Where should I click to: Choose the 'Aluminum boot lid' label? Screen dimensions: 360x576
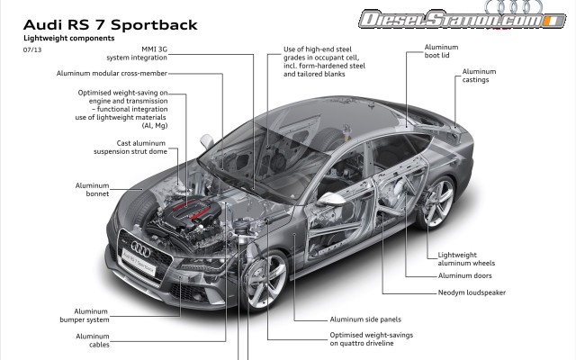pos(439,53)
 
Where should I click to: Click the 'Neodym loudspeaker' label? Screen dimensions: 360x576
pos(472,293)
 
